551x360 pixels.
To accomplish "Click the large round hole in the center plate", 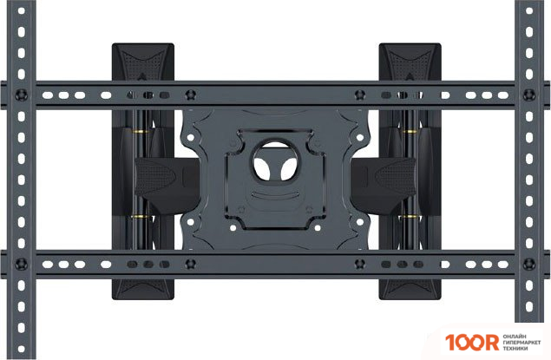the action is click(275, 160).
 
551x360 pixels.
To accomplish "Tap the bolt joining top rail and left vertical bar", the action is click(22, 95).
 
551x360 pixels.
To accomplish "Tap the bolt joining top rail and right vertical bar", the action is click(529, 95).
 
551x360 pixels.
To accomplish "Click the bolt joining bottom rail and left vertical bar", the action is click(22, 264).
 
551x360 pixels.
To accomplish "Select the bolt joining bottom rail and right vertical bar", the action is click(529, 264).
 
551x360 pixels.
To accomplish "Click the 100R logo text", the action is click(472, 343).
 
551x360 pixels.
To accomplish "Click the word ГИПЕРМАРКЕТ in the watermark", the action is click(521, 343).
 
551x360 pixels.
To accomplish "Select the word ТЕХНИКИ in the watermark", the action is click(515, 349).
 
